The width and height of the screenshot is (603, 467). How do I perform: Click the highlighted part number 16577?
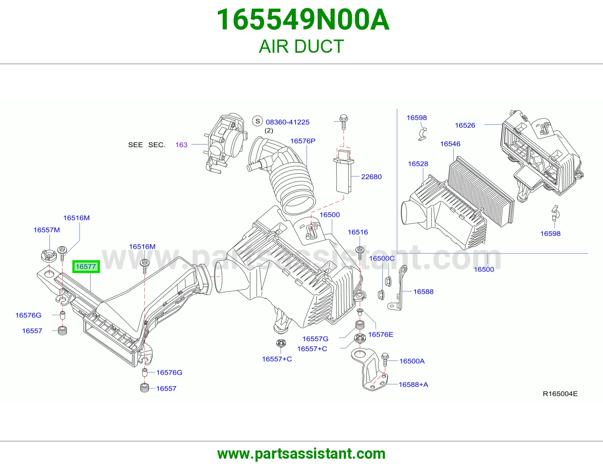pyautogui.click(x=86, y=267)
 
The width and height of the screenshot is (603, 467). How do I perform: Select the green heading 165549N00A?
pyautogui.click(x=303, y=20)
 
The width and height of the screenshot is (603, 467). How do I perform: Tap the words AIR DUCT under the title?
pyautogui.click(x=301, y=46)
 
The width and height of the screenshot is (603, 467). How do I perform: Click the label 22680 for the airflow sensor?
pyautogui.click(x=371, y=177)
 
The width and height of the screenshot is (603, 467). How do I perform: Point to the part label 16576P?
pyautogui.click(x=303, y=141)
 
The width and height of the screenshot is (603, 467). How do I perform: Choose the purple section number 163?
pyautogui.click(x=181, y=145)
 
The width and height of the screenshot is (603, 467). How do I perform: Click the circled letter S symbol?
pyautogui.click(x=257, y=121)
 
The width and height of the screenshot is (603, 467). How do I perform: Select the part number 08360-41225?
pyautogui.click(x=288, y=122)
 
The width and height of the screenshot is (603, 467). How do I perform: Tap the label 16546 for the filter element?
pyautogui.click(x=450, y=144)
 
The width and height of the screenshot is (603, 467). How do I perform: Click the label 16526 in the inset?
pyautogui.click(x=465, y=125)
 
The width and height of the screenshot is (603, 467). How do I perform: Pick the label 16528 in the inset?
pyautogui.click(x=418, y=164)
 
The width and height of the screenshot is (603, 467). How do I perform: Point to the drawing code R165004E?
pyautogui.click(x=560, y=394)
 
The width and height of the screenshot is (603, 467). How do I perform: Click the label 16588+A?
pyautogui.click(x=413, y=385)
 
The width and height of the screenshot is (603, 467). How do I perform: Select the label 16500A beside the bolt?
pyautogui.click(x=412, y=361)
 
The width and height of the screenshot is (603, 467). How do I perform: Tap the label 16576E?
pyautogui.click(x=380, y=334)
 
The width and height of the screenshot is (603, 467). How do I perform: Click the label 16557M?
pyautogui.click(x=47, y=230)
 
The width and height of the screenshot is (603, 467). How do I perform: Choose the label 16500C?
pyautogui.click(x=381, y=258)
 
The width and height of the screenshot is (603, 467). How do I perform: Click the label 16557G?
pyautogui.click(x=315, y=339)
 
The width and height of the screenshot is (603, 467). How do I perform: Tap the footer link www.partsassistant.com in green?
pyautogui.click(x=301, y=454)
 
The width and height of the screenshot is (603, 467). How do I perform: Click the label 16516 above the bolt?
pyautogui.click(x=358, y=232)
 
